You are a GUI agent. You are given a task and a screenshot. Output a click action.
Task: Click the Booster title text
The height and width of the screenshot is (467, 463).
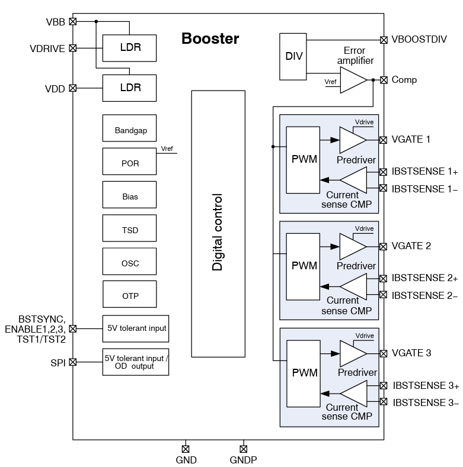click(210, 39)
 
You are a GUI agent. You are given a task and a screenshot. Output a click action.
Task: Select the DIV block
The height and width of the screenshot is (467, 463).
click(293, 56)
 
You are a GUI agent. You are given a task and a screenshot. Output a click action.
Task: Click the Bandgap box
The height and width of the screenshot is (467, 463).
click(130, 128)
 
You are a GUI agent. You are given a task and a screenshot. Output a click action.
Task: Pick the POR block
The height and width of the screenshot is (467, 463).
click(130, 162)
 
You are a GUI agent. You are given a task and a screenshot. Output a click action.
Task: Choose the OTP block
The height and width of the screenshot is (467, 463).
click(130, 295)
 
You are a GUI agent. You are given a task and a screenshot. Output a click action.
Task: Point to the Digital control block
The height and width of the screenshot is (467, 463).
click(218, 224)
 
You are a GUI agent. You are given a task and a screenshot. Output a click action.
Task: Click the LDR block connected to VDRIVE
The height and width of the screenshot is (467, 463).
click(130, 47)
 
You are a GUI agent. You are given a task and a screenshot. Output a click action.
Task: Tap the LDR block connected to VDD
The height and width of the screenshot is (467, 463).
click(130, 88)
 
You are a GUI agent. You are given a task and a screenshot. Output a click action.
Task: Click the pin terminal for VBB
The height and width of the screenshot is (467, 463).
click(73, 22)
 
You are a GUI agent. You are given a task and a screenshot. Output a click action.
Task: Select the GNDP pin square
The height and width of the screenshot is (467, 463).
click(243, 448)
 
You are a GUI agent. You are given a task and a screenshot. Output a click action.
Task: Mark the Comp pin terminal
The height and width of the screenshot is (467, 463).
click(384, 79)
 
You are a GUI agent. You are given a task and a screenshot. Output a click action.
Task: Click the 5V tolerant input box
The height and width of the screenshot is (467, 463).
click(136, 328)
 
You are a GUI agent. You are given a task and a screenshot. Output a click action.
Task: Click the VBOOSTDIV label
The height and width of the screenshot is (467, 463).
click(420, 40)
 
